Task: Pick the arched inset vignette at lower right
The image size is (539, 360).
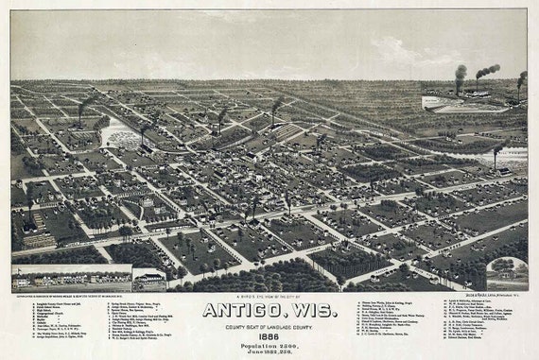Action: click(x=507, y=273)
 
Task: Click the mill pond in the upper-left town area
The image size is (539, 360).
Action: click(x=119, y=132)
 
